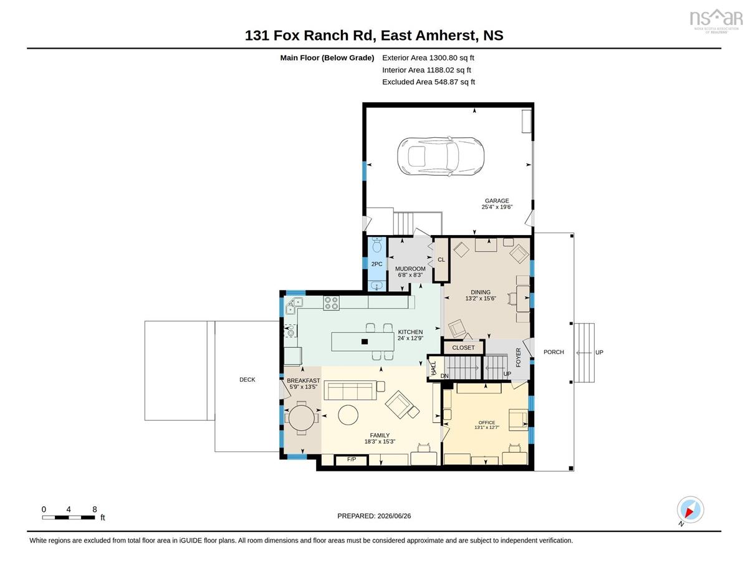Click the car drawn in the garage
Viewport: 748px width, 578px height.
click(441, 157)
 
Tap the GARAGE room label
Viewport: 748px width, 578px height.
click(496, 201)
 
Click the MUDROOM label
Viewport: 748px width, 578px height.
click(410, 269)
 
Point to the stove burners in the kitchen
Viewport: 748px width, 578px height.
click(331, 302)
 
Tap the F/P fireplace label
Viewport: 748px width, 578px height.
click(352, 460)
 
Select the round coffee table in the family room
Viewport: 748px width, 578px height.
click(348, 415)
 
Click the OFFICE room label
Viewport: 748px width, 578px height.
click(486, 422)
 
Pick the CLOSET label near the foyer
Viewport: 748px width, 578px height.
click(463, 348)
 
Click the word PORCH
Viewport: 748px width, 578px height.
click(554, 352)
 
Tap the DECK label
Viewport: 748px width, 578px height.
click(247, 379)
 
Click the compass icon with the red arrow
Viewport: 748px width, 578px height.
click(690, 510)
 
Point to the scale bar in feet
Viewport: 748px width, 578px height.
click(69, 517)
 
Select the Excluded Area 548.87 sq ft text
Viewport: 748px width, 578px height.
click(429, 82)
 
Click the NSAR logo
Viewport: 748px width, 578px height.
click(716, 21)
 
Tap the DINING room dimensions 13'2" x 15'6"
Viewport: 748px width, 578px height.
click(481, 299)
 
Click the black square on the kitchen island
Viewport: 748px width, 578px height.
click(365, 342)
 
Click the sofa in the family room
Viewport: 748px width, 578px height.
click(350, 390)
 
